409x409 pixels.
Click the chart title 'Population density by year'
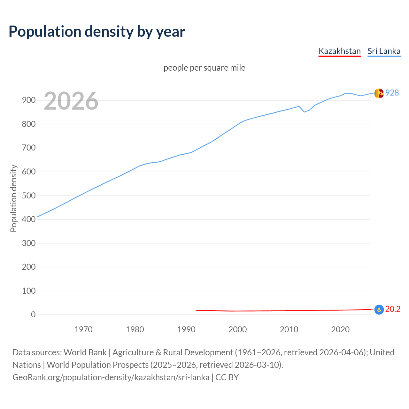(x=97, y=31)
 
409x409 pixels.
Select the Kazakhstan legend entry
(x=339, y=51)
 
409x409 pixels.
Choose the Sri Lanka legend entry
(x=384, y=51)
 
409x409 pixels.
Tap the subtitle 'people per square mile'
(x=204, y=68)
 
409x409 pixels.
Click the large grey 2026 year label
(x=71, y=101)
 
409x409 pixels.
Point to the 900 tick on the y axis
(x=29, y=100)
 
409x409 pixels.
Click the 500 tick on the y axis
(x=29, y=196)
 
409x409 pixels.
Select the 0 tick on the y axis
(x=33, y=315)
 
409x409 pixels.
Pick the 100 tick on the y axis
(x=29, y=291)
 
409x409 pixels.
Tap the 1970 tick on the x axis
(x=83, y=329)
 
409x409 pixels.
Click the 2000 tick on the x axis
(x=237, y=329)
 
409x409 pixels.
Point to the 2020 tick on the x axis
(x=340, y=329)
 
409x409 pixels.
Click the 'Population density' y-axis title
(x=13, y=198)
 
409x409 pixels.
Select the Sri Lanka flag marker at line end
(x=379, y=93)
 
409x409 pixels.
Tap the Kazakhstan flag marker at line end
(x=379, y=309)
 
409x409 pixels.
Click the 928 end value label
(x=392, y=93)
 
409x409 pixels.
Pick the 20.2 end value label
(x=393, y=309)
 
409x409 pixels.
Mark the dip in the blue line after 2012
(x=304, y=112)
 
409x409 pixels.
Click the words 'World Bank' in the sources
(x=85, y=352)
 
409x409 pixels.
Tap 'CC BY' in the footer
(x=227, y=377)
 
